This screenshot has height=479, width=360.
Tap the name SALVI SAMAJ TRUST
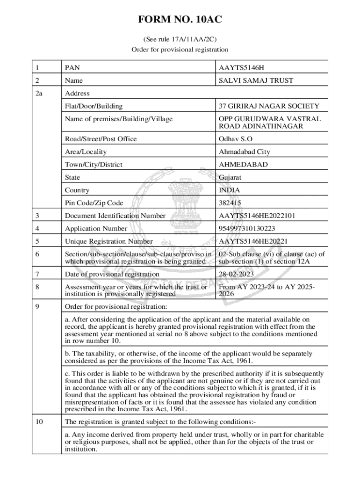pyautogui.click(x=256, y=80)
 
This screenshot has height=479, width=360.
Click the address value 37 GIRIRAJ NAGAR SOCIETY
pyautogui.click(x=269, y=106)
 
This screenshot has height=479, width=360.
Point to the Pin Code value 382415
pyautogui.click(x=230, y=203)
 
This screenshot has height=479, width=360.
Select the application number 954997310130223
pyautogui.click(x=247, y=229)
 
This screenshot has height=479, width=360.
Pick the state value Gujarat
pyautogui.click(x=230, y=177)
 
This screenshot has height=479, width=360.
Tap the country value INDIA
pyautogui.click(x=229, y=190)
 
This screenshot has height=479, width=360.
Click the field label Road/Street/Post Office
pyautogui.click(x=101, y=139)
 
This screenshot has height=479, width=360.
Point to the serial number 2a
pyautogui.click(x=39, y=94)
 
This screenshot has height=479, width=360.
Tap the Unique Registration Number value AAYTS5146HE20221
pyautogui.click(x=253, y=241)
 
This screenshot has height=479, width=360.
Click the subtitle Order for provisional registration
pyautogui.click(x=180, y=49)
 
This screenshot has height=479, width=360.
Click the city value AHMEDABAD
pyautogui.click(x=243, y=165)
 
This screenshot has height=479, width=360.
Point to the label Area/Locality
pyautogui.click(x=86, y=152)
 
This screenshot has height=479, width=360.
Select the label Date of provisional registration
pyautogui.click(x=112, y=274)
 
